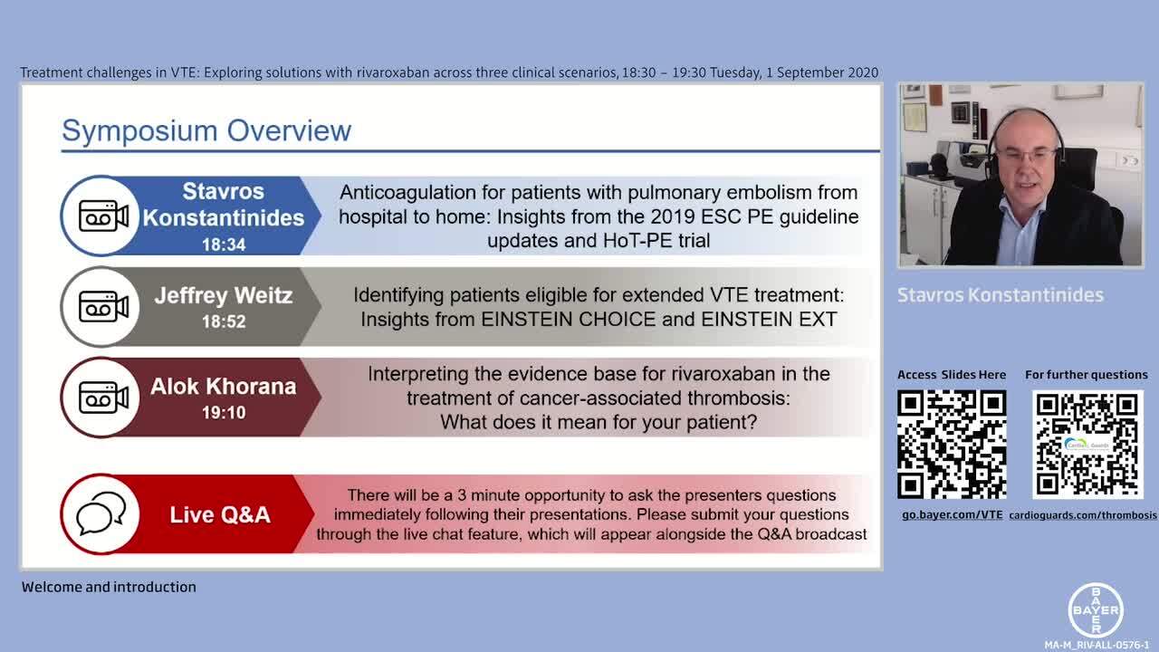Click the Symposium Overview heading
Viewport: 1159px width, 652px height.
tap(206, 130)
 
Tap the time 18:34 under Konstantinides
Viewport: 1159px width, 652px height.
tap(224, 244)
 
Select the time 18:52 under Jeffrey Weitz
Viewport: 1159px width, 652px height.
tap(224, 321)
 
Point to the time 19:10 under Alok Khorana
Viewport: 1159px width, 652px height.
tap(224, 412)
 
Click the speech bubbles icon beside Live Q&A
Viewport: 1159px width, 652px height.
tap(101, 513)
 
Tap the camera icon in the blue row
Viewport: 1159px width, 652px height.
tap(103, 216)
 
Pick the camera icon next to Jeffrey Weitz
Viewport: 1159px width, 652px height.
tap(103, 307)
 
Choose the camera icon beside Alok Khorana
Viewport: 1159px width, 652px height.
tap(103, 398)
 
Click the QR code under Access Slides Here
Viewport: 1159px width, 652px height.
tap(952, 444)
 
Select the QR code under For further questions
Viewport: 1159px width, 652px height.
tap(1087, 444)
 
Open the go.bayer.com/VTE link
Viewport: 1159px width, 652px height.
tap(952, 515)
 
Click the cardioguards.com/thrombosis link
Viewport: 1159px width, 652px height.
tap(1083, 515)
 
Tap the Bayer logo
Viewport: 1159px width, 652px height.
tap(1096, 610)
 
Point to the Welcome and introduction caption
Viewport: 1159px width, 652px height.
tap(109, 587)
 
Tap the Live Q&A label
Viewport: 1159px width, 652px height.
tap(220, 515)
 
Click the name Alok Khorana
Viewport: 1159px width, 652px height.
tap(224, 387)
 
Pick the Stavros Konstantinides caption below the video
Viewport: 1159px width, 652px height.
tap(1001, 295)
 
